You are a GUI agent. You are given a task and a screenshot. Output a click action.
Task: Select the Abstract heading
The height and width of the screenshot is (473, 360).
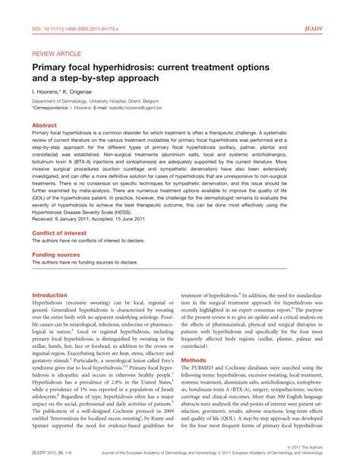[44, 124]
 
